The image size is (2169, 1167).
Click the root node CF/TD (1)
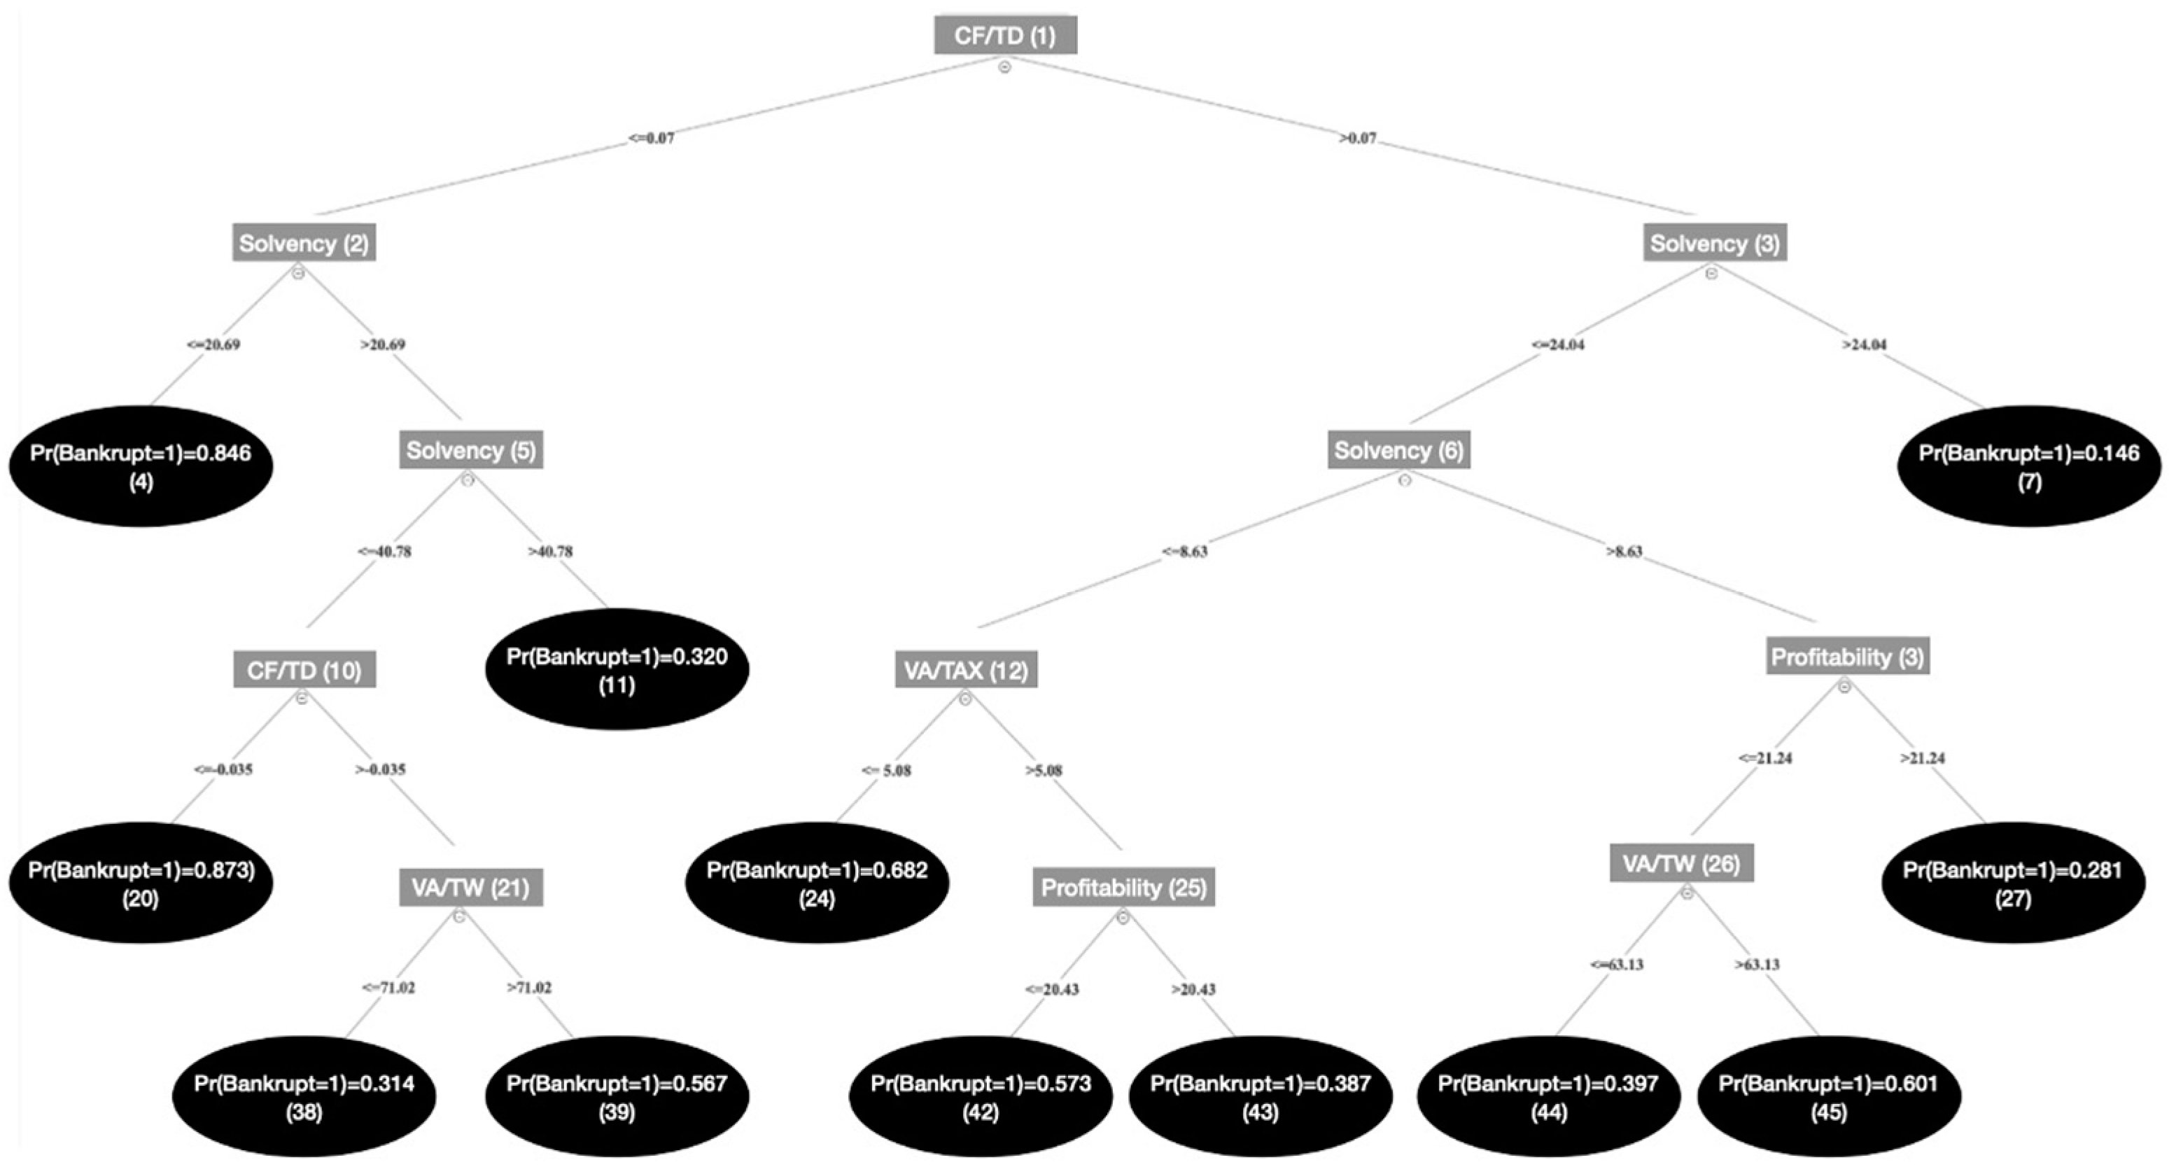tap(1004, 36)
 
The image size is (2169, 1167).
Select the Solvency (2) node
tap(303, 244)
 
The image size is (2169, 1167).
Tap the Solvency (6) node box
tap(1398, 450)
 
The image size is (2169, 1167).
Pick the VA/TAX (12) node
tap(966, 670)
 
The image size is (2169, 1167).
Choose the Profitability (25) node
tap(1123, 888)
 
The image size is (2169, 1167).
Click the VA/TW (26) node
tap(1680, 864)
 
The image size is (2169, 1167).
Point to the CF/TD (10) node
tap(304, 670)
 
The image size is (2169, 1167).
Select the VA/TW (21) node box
tap(470, 888)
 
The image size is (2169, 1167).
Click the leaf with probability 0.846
tap(141, 466)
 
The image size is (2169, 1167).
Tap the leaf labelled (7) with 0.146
tap(2028, 466)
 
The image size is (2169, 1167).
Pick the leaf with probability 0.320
tap(617, 669)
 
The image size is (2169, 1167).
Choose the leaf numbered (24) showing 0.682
tap(817, 883)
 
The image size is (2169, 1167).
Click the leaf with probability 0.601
tap(1828, 1096)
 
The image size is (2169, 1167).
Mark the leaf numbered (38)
tap(304, 1096)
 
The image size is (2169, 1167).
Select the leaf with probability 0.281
tap(2012, 883)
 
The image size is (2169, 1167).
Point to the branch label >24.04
tap(1865, 344)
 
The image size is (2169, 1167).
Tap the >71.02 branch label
tap(529, 987)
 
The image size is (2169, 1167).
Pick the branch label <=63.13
tap(1616, 964)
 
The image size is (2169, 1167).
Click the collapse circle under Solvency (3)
tap(1711, 273)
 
